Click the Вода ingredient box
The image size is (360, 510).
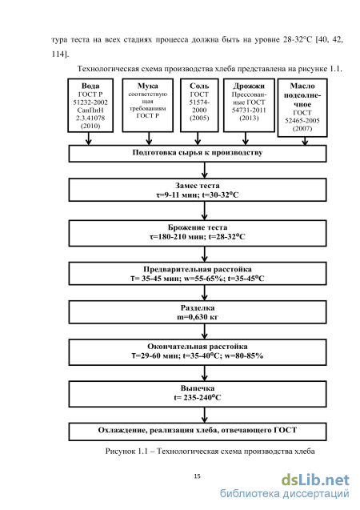coord(90,106)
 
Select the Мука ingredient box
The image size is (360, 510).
coord(147,106)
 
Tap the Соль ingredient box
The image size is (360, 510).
coord(199,106)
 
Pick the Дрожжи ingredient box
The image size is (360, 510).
coord(249,106)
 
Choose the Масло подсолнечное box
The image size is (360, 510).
coord(302,107)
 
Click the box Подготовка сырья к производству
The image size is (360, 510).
coord(198,154)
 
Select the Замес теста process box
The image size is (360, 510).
coord(198,190)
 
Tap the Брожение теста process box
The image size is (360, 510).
coord(198,233)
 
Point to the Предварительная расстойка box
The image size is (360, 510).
coord(198,274)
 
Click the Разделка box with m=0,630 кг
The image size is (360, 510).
coord(198,312)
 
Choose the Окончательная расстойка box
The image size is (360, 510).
coord(198,352)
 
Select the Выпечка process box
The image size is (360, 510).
coord(198,394)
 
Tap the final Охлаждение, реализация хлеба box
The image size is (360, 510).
coord(198,432)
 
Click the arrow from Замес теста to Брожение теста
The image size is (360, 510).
coord(204,211)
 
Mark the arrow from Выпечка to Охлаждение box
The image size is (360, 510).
coord(204,415)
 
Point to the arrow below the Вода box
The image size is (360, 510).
coord(88,139)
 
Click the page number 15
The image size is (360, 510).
coord(198,476)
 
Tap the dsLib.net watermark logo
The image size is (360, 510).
coord(315,480)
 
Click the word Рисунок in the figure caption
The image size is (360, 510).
coord(119,452)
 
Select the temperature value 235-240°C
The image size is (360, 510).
coord(202,397)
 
